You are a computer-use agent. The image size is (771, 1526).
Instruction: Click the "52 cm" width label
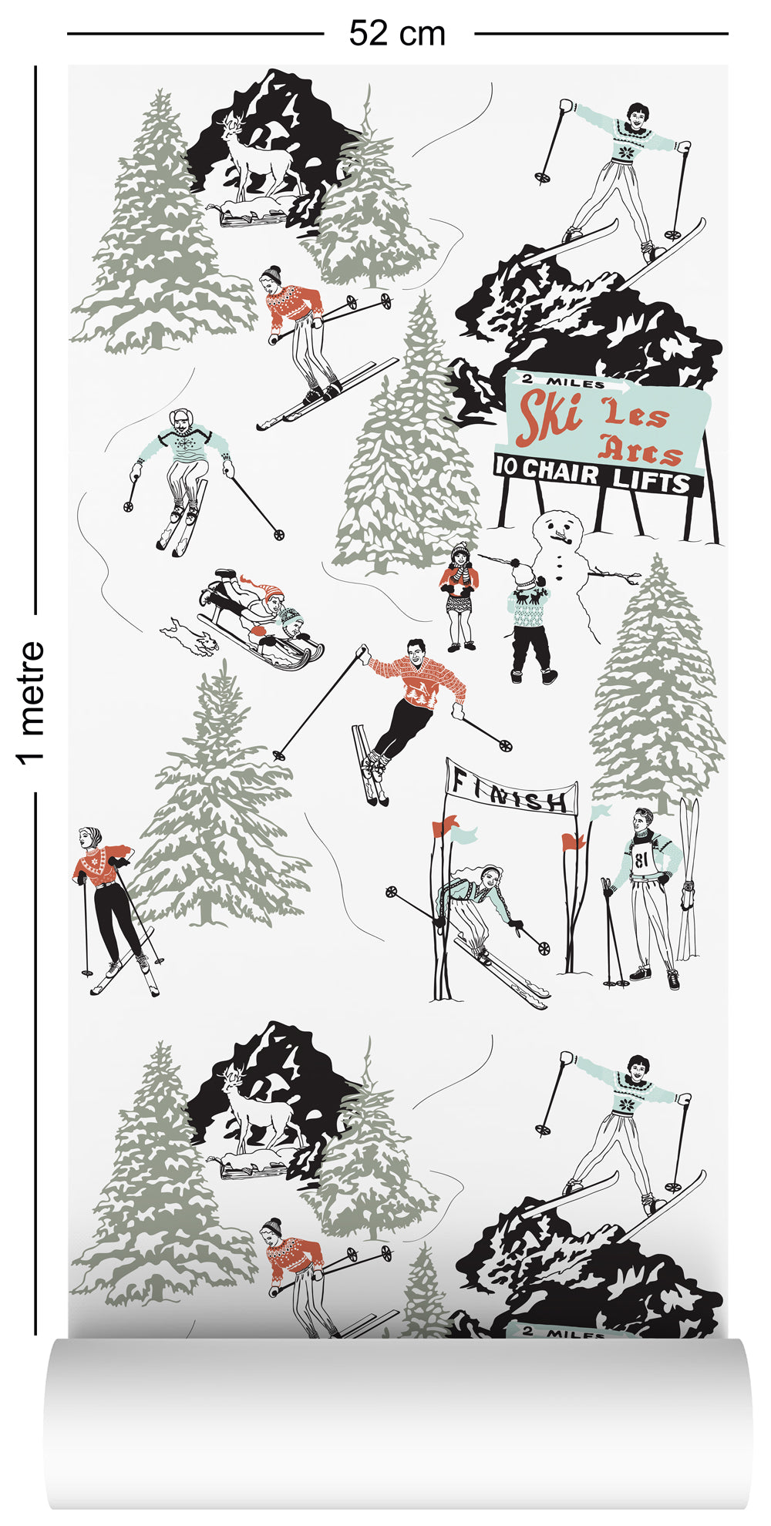coord(397,34)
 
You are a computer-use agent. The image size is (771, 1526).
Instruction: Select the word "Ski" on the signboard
coord(549,414)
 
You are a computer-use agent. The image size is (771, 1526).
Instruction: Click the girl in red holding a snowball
coord(460,593)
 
